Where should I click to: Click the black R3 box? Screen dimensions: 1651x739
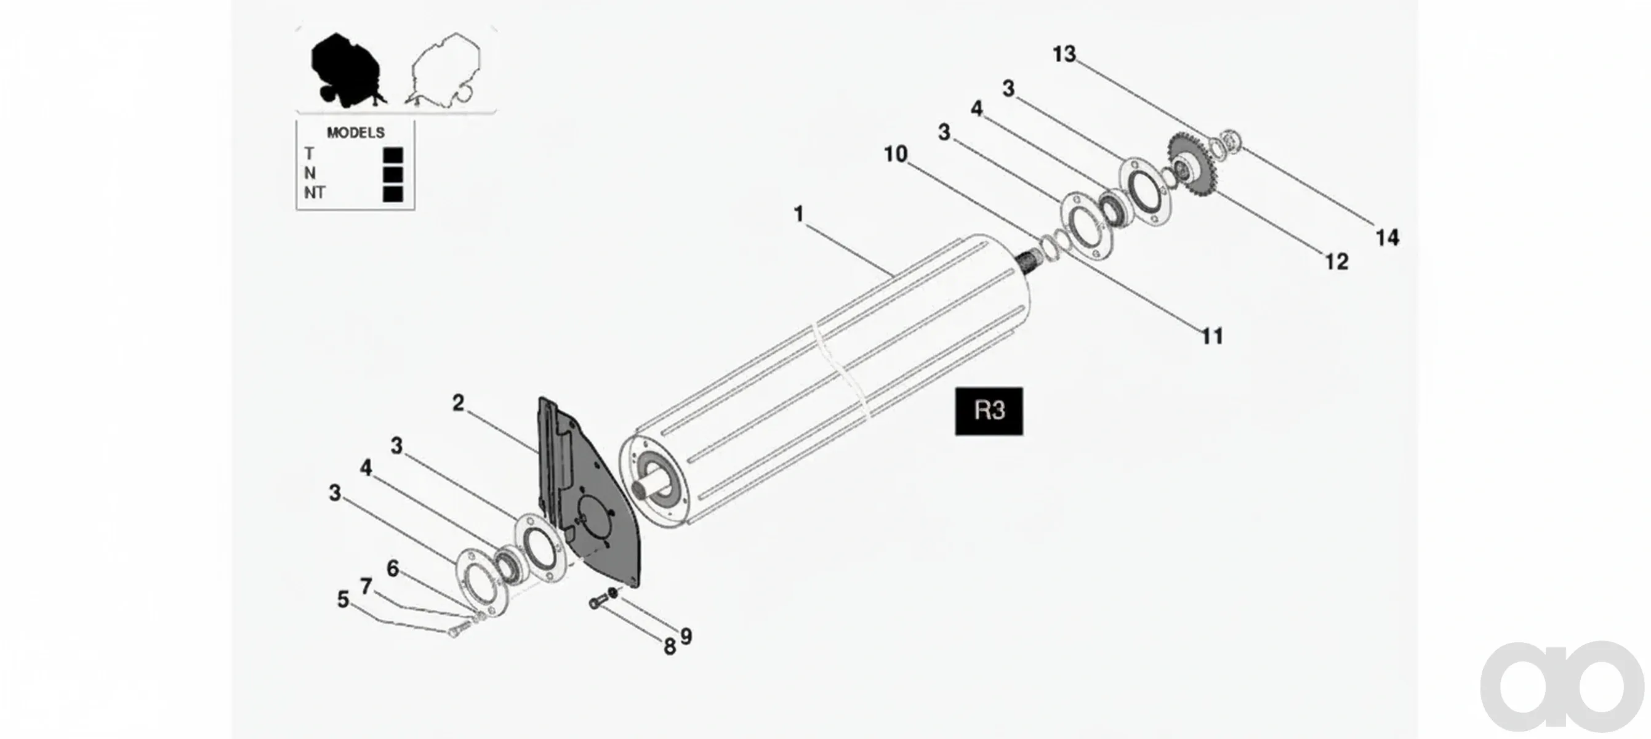coord(989,411)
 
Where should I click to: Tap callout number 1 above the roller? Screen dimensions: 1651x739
coord(798,214)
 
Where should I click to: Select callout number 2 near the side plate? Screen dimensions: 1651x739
coord(458,403)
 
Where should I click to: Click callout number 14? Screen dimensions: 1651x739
coord(1388,238)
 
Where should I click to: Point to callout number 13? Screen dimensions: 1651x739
coord(1064,54)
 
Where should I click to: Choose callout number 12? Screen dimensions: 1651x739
coord(1337,262)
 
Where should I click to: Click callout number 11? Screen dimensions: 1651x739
coord(1212,336)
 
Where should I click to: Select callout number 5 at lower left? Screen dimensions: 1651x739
coord(343,600)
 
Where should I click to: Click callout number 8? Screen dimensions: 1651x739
coord(670,647)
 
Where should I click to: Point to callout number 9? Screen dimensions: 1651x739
coord(686,636)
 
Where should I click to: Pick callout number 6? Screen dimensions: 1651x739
coord(393,568)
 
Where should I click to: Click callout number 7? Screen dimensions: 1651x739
coord(366,586)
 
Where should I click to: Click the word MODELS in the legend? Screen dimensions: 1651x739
coord(356,132)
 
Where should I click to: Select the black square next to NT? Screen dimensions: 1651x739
coord(393,193)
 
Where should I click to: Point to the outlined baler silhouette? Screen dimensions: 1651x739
coord(444,69)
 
